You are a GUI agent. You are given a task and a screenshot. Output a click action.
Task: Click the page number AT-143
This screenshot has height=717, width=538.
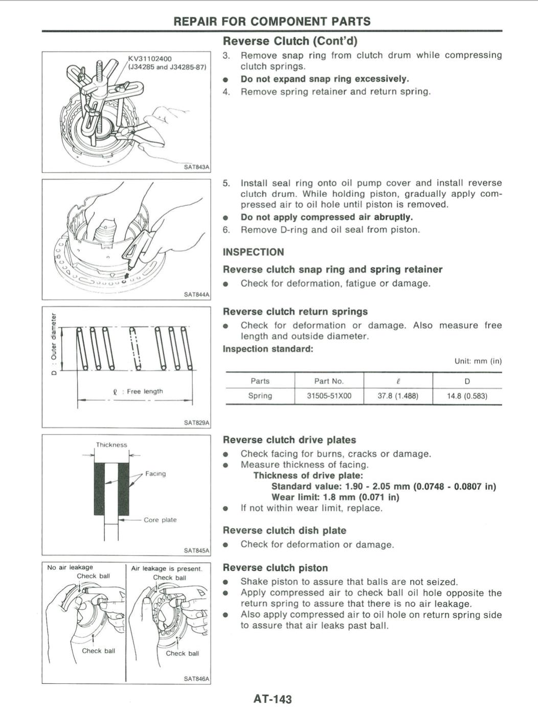coord(272,699)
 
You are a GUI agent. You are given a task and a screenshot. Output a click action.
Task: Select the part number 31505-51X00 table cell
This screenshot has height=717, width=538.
coord(329,396)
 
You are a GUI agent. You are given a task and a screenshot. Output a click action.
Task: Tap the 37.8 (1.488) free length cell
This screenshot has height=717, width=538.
coord(398,396)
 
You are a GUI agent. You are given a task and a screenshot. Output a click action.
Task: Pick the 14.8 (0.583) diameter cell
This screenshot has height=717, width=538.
coord(467,396)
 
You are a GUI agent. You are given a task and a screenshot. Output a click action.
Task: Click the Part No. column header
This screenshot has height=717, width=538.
coord(329,381)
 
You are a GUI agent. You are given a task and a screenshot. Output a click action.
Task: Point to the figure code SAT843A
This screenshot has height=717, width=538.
coord(196,167)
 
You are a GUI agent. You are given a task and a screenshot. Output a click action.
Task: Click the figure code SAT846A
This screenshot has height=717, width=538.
coord(196,679)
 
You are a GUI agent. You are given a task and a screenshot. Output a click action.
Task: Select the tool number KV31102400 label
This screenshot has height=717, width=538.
coord(150,59)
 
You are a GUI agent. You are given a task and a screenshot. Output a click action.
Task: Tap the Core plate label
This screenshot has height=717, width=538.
coord(160,520)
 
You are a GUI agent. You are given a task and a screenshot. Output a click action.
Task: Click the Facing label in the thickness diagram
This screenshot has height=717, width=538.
coord(155,473)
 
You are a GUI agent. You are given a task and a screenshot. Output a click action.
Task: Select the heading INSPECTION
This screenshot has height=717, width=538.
coord(253,252)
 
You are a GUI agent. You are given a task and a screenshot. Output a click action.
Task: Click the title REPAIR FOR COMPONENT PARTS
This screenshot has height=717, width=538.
coord(272,21)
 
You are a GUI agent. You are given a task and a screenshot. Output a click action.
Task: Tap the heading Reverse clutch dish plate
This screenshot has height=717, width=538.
coord(284,531)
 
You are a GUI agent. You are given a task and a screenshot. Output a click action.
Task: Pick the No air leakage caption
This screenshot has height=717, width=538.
coord(70,567)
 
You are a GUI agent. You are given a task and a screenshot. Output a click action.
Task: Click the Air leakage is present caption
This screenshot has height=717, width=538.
coord(167,568)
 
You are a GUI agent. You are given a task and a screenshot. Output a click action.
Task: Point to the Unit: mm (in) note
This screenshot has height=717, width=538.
coord(478,361)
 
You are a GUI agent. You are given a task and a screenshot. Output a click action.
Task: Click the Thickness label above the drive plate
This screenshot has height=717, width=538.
coord(111,445)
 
